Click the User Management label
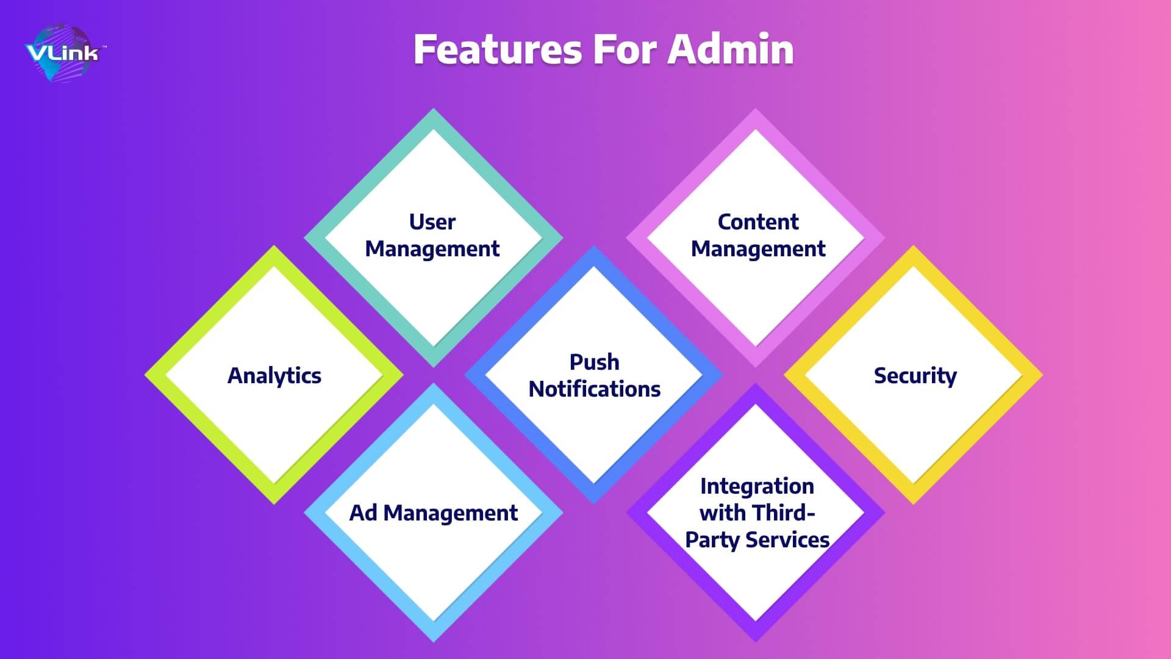click(432, 236)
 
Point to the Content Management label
click(758, 236)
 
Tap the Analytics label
click(274, 376)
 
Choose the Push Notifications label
click(595, 375)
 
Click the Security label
click(915, 376)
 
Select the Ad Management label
click(434, 513)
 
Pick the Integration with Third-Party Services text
click(757, 513)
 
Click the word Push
click(595, 362)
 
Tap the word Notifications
click(595, 389)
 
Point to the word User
click(432, 222)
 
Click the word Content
click(758, 222)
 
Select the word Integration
click(757, 487)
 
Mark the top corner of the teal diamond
click(434, 109)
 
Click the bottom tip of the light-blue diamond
click(434, 642)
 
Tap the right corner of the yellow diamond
click(1043, 375)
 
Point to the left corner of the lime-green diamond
click(145, 375)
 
